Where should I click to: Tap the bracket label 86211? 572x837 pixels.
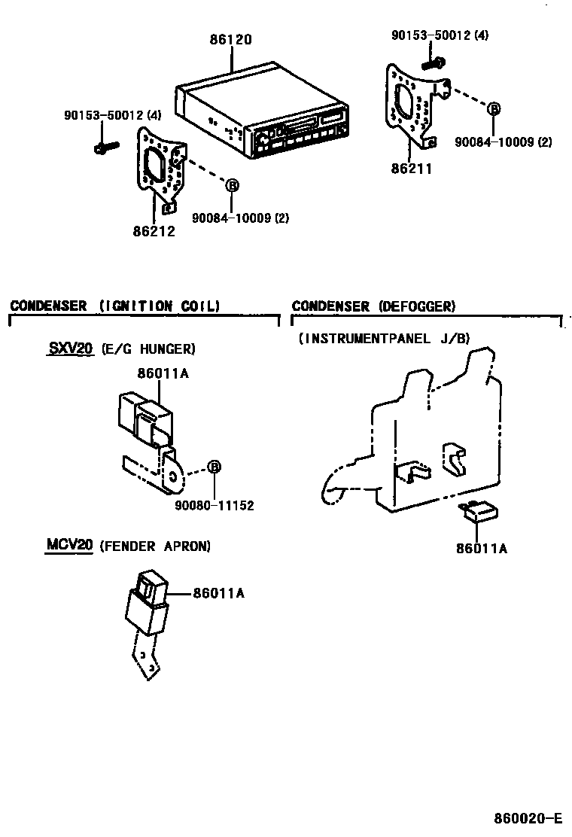(412, 169)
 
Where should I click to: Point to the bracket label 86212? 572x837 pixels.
(155, 231)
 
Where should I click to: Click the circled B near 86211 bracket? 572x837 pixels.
(494, 109)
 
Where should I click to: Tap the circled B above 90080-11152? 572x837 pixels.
(214, 467)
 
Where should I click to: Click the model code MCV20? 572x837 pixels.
(70, 546)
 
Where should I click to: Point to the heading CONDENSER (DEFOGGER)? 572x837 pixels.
(373, 306)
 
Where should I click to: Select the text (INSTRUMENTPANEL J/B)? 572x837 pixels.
(384, 339)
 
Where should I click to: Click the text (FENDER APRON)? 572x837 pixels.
(155, 546)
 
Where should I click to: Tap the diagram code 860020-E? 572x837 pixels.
(528, 818)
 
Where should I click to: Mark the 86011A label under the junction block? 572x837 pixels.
(481, 549)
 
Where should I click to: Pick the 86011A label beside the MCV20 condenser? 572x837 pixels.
(219, 594)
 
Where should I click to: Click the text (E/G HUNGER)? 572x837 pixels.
(148, 349)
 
